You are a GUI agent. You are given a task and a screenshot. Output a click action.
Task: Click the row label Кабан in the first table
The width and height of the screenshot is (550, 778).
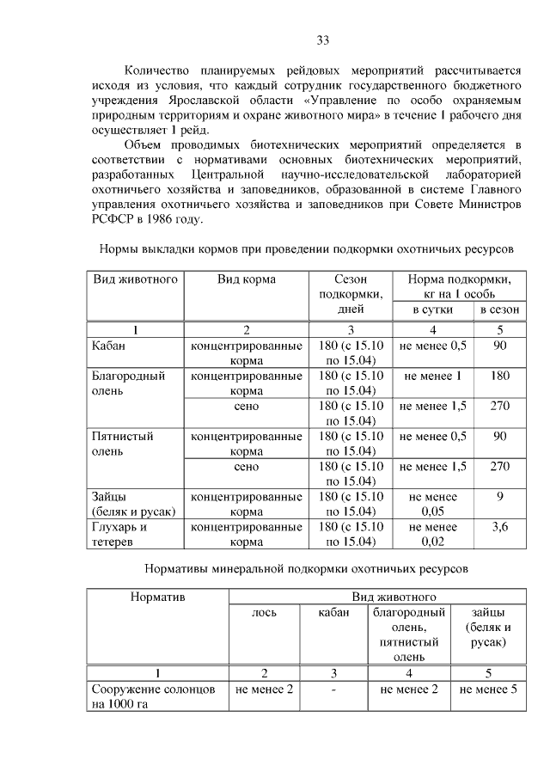pos(109,345)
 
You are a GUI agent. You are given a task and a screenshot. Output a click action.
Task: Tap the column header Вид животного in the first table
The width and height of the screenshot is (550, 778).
pos(135,279)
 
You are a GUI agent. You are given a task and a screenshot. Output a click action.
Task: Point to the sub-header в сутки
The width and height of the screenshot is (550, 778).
pos(431,309)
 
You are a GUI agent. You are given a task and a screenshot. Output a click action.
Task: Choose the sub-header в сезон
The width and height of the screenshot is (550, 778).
pos(499,309)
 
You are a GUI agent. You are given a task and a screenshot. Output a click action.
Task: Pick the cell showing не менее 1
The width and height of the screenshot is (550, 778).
pos(432,376)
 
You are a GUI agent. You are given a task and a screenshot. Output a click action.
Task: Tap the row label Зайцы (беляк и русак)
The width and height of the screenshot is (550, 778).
pos(133,504)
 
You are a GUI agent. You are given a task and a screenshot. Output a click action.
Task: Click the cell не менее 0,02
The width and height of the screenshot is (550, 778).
pos(432,534)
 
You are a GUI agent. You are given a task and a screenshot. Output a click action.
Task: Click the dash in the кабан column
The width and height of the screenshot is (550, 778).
pos(333,689)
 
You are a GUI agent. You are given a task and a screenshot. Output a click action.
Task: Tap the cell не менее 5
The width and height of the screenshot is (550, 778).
pos(488,689)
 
